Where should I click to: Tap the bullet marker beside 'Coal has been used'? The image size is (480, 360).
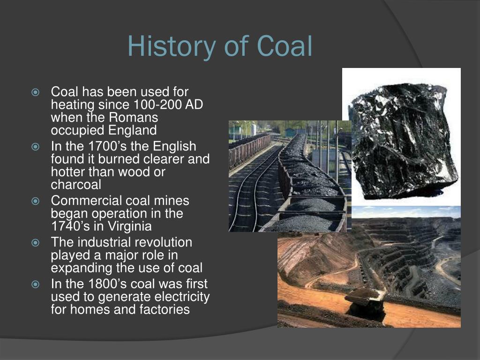(36, 92)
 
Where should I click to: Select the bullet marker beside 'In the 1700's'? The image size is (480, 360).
(36, 147)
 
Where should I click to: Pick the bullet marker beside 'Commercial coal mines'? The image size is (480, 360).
(36, 201)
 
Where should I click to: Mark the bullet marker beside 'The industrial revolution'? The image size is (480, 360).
(36, 243)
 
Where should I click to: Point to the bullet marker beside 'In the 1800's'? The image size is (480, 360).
(36, 285)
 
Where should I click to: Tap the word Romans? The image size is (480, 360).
(133, 118)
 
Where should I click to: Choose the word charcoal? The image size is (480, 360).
(76, 185)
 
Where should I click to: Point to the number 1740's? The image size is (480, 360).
(70, 226)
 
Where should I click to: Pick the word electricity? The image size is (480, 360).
(182, 297)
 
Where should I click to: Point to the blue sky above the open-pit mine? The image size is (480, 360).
(406, 212)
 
